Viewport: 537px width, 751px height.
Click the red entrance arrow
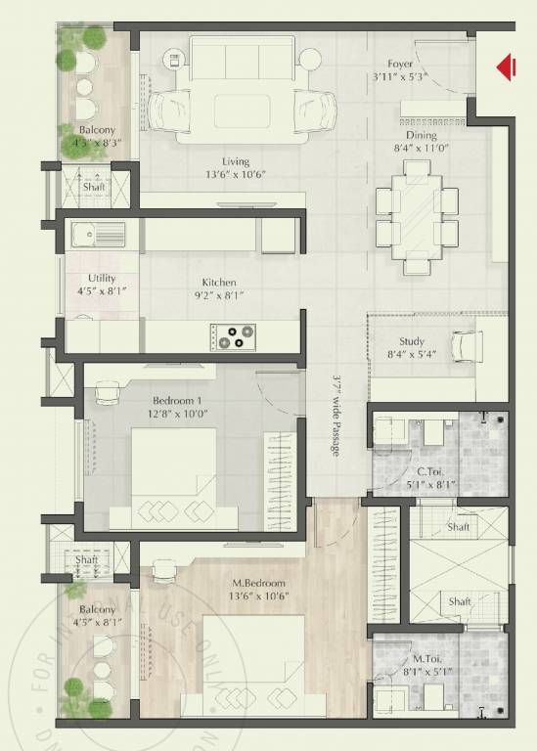click(x=506, y=66)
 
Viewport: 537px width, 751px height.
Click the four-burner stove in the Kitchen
click(x=232, y=336)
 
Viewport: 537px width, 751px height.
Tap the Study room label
click(x=412, y=340)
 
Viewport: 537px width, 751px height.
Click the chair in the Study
click(x=466, y=344)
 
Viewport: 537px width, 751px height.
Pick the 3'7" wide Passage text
click(x=335, y=416)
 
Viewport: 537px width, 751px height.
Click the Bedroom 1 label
click(x=176, y=401)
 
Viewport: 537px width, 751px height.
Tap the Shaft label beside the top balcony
click(x=94, y=187)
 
